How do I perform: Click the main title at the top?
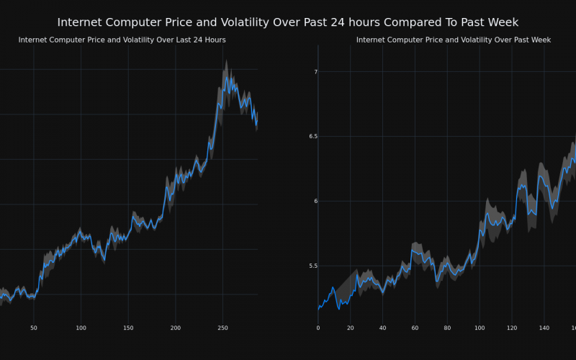pyautogui.click(x=288, y=22)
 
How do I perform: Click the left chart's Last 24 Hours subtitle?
pyautogui.click(x=122, y=40)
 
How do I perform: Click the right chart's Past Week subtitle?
pyautogui.click(x=454, y=40)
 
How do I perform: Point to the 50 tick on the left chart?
pyautogui.click(x=33, y=328)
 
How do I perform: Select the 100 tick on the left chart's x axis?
pyautogui.click(x=81, y=328)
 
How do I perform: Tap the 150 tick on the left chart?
pyautogui.click(x=128, y=328)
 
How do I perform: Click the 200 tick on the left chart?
pyautogui.click(x=176, y=328)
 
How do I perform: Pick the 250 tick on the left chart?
pyautogui.click(x=222, y=328)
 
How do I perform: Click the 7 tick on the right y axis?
pyautogui.click(x=315, y=72)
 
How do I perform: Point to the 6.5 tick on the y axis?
pyautogui.click(x=311, y=136)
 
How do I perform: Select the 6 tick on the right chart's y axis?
pyautogui.click(x=315, y=201)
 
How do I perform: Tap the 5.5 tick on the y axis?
pyautogui.click(x=311, y=266)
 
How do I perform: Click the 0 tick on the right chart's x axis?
pyautogui.click(x=318, y=328)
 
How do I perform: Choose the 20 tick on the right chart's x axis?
pyautogui.click(x=351, y=328)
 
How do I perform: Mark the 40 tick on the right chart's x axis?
pyautogui.click(x=382, y=328)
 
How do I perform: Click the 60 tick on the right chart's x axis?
pyautogui.click(x=415, y=328)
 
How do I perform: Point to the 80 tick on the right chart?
pyautogui.click(x=447, y=328)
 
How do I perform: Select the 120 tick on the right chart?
pyautogui.click(x=512, y=328)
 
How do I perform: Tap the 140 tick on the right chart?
pyautogui.click(x=544, y=328)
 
